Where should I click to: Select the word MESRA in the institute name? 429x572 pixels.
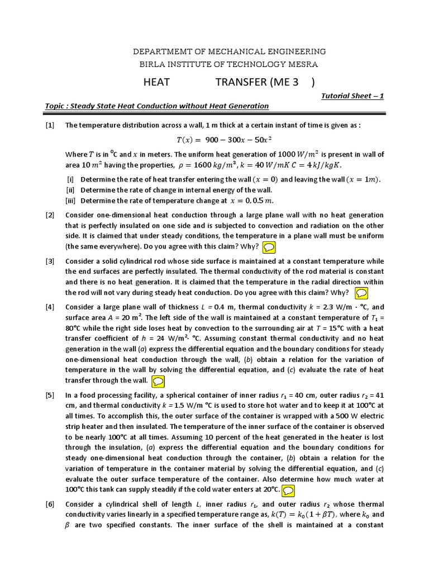303,64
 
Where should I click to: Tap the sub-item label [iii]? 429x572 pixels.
71,201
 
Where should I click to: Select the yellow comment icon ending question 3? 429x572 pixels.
361,293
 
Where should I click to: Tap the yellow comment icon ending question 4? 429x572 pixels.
158,381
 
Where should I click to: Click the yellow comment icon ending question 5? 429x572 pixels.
288,490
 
